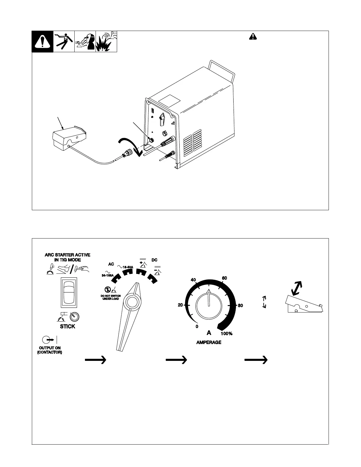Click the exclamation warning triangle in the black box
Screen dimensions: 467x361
(x=42, y=42)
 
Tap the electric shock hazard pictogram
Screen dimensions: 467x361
(x=64, y=42)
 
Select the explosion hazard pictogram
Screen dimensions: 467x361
(x=106, y=42)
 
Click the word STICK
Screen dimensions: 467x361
(x=68, y=326)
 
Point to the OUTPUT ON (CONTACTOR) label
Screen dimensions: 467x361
(x=50, y=350)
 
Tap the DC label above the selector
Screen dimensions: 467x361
(x=155, y=260)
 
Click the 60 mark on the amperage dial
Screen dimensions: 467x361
(x=224, y=278)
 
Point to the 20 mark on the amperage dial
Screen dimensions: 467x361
(x=180, y=305)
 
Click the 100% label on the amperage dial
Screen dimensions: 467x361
(x=227, y=333)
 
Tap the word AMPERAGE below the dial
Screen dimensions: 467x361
(x=209, y=343)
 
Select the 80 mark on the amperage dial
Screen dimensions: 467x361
(x=240, y=305)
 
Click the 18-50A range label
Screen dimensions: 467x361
(x=128, y=267)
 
